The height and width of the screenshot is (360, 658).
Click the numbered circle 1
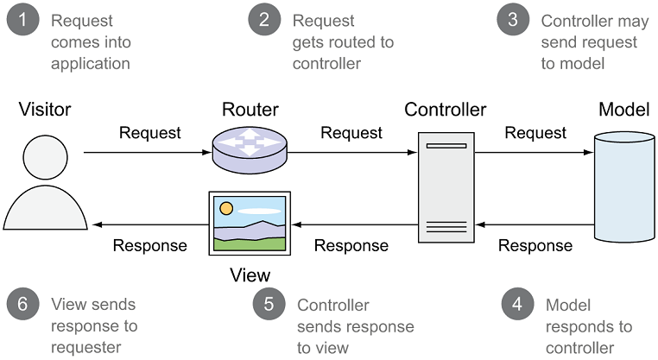[x=23, y=20]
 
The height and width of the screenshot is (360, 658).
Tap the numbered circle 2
[x=265, y=20]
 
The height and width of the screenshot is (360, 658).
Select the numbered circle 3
[x=512, y=20]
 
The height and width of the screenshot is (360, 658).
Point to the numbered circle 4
[x=517, y=305]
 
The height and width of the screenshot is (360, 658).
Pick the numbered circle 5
[x=269, y=305]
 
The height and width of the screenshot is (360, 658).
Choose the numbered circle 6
[x=23, y=305]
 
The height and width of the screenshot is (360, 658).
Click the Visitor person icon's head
[x=45, y=159]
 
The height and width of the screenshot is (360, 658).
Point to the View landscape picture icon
[x=250, y=223]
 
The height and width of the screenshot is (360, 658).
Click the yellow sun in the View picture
[x=226, y=208]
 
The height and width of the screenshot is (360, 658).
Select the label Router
[x=250, y=110]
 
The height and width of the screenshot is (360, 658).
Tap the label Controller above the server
[x=446, y=110]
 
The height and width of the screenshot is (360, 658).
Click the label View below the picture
[x=250, y=275]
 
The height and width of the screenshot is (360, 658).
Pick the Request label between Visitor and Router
[x=150, y=132]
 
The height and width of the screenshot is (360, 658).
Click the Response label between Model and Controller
[x=535, y=245]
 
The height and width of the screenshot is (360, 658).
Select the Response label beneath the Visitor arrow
[x=150, y=245]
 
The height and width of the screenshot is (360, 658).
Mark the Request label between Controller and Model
[x=535, y=132]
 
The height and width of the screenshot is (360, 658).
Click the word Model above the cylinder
[x=623, y=110]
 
